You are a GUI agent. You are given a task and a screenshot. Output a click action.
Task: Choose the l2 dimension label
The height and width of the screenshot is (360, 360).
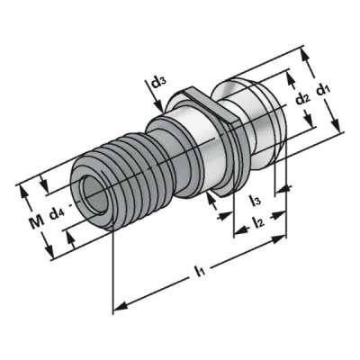tap(257, 219)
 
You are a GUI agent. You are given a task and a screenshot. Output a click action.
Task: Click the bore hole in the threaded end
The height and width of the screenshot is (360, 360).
tap(90, 188)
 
